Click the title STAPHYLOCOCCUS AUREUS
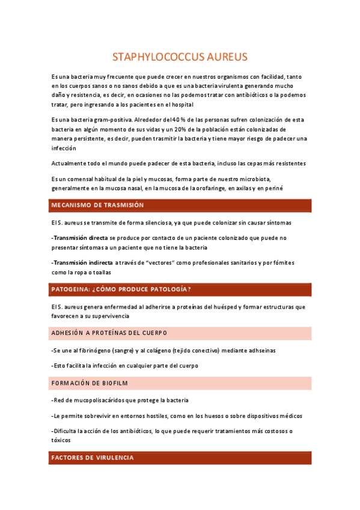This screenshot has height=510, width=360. click(x=180, y=57)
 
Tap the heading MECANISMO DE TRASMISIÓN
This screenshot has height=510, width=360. click(x=98, y=205)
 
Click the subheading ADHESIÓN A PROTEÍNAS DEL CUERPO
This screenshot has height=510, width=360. click(x=109, y=333)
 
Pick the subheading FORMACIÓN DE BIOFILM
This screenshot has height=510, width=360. click(x=90, y=383)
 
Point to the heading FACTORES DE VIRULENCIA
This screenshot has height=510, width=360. click(x=93, y=458)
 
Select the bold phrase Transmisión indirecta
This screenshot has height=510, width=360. click(x=83, y=263)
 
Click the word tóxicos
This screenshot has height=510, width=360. click(x=61, y=440)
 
